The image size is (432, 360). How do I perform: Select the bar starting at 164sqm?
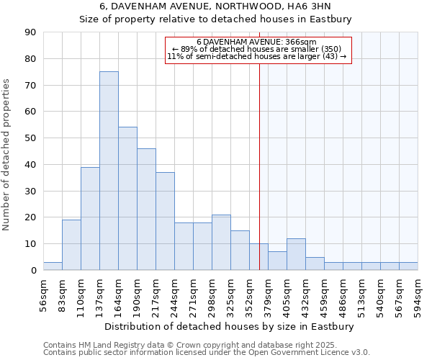pos(127,199)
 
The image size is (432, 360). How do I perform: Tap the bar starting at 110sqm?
pos(90,218)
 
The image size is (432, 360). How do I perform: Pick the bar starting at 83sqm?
pos(71,245)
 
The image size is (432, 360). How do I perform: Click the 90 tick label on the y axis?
pos(31,32)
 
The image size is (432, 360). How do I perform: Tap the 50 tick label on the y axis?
pos(31,138)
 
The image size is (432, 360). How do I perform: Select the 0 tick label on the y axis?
pos(34,270)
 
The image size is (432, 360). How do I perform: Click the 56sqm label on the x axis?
pos(44,293)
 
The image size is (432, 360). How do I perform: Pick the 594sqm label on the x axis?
pos(418,294)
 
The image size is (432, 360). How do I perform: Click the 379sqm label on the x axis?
pos(269,294)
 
